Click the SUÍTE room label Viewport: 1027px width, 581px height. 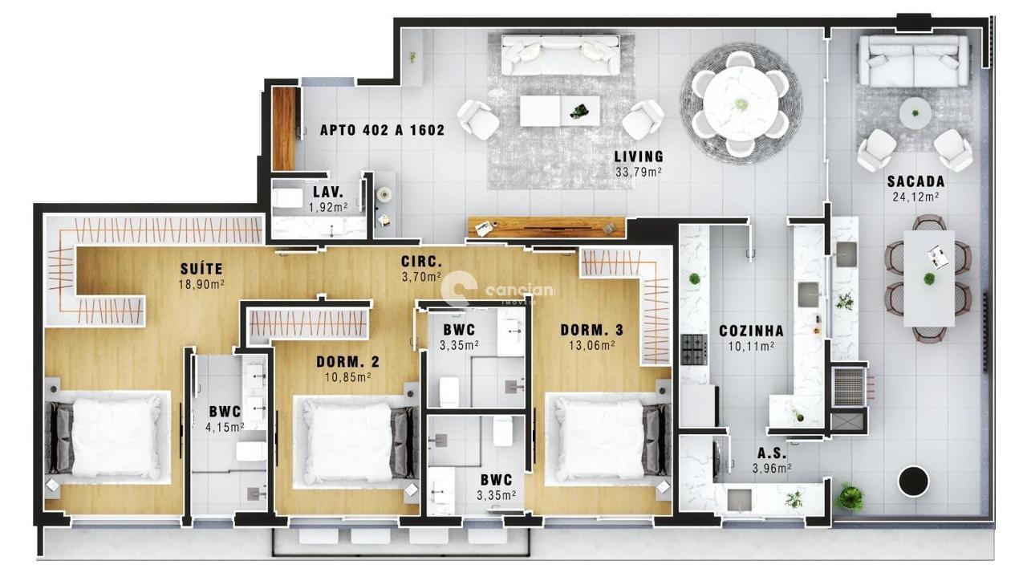[201, 268]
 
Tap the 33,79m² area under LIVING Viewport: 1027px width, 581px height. [639, 171]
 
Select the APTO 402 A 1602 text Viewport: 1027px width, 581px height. [382, 130]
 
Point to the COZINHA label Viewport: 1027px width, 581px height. [751, 331]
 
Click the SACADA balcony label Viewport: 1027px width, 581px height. [915, 181]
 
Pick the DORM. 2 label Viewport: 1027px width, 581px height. [347, 362]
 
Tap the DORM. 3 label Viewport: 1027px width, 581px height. [591, 330]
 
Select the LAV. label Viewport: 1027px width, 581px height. [328, 193]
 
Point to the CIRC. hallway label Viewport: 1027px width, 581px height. [422, 262]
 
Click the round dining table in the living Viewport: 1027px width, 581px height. [741, 103]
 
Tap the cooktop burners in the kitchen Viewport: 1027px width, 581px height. [693, 349]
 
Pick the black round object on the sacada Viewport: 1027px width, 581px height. [912, 481]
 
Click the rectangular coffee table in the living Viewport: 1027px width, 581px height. [559, 111]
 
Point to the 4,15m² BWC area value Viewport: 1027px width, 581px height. [225, 428]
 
